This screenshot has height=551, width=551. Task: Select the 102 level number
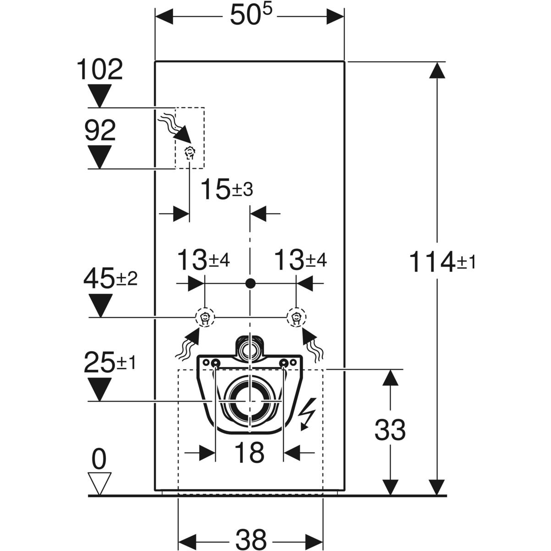100,70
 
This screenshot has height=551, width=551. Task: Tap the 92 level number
100,132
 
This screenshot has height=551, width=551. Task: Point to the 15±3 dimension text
227,190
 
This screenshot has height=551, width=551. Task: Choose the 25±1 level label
110,364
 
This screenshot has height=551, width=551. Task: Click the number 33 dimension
390,430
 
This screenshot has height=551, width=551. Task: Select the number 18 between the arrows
249,452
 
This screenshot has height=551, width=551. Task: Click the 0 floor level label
99,459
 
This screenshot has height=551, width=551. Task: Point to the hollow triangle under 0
99,483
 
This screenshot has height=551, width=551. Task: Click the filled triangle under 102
100,96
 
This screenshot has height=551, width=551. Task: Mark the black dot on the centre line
250,283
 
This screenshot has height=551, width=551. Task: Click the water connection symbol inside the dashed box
189,152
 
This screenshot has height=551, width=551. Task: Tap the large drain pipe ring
249,400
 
